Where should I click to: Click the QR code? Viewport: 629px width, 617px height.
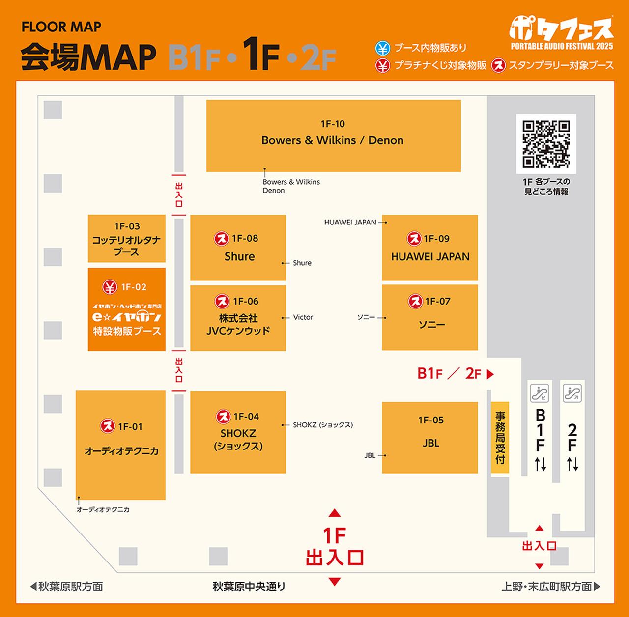546,144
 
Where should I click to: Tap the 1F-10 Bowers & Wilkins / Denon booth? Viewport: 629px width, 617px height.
333,136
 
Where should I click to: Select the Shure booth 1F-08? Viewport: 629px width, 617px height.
238,248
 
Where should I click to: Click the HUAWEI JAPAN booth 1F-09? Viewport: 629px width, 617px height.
430,248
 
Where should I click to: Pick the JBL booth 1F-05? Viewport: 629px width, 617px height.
430,437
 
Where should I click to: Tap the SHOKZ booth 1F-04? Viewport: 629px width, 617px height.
238,432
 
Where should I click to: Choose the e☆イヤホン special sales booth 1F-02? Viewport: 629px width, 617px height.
127,309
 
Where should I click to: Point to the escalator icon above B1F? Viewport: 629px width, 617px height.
540,393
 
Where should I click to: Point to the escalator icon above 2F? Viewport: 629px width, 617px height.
572,393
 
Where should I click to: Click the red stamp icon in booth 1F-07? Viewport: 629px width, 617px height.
415,301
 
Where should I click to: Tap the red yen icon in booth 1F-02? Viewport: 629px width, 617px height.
110,287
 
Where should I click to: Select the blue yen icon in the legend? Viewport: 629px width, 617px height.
382,48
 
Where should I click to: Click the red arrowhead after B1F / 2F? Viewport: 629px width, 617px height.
490,374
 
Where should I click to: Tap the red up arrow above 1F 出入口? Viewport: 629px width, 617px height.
335,513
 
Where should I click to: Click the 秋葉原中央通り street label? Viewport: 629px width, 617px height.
249,587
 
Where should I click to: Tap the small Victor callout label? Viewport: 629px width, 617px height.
303,317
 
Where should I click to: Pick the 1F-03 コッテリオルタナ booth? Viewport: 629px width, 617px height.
127,239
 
